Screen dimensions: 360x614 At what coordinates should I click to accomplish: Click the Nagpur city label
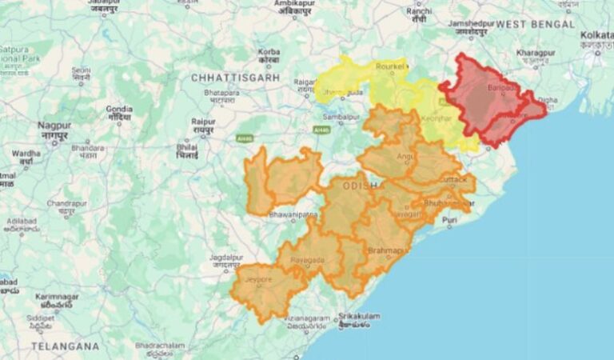click(54, 126)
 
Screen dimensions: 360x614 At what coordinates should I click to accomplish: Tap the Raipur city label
click(203, 122)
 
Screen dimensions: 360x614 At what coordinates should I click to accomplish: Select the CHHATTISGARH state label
click(235, 78)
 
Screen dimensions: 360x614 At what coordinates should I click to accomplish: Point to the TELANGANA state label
click(65, 346)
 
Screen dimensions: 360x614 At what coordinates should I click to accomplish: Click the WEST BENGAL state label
click(535, 25)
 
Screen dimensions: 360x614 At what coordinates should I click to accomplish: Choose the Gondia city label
click(119, 108)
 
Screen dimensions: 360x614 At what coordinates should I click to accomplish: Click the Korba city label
click(269, 53)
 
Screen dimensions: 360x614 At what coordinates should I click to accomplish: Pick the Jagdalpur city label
click(225, 258)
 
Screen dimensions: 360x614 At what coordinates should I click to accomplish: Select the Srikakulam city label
click(358, 316)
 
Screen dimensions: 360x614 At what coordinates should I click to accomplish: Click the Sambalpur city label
click(340, 116)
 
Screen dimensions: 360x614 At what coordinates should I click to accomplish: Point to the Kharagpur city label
click(536, 53)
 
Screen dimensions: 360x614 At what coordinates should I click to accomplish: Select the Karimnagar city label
click(57, 297)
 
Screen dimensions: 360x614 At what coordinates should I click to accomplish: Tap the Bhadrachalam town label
click(160, 346)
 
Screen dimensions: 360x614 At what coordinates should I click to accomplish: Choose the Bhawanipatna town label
click(293, 214)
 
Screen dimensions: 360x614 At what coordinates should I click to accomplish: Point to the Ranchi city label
click(419, 11)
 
